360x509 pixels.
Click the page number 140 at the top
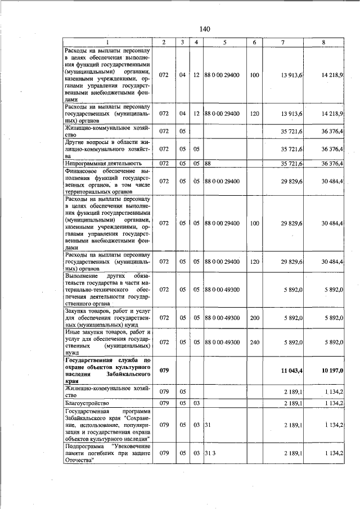(204, 29)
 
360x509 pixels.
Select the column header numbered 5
(224, 42)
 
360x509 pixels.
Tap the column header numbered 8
(323, 42)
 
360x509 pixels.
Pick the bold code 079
(164, 370)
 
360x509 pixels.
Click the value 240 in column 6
(254, 342)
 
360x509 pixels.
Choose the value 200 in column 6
(254, 318)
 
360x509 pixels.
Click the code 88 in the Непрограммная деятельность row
(207, 164)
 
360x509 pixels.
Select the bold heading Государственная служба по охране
(107, 370)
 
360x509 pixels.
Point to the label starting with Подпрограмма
(107, 453)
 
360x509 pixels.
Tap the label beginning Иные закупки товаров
(107, 342)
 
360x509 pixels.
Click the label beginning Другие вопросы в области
(107, 149)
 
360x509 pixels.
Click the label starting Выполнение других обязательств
(107, 289)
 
